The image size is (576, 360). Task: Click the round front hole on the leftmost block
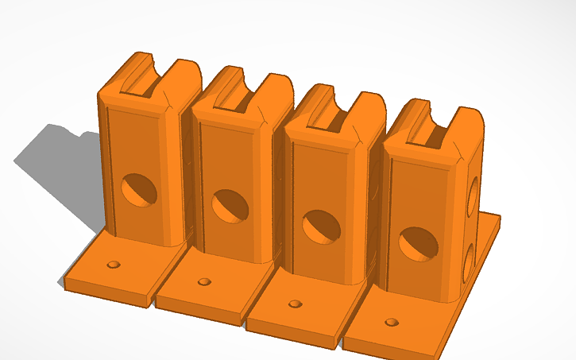(x=139, y=190)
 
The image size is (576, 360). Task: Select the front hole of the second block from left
(x=230, y=206)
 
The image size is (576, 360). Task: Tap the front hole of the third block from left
(x=322, y=226)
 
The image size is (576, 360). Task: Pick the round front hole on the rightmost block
(x=419, y=243)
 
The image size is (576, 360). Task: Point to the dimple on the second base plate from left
(x=205, y=281)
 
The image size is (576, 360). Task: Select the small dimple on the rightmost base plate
(x=391, y=322)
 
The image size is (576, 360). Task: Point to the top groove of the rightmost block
(x=430, y=129)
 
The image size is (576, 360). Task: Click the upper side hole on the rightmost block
(x=474, y=194)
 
